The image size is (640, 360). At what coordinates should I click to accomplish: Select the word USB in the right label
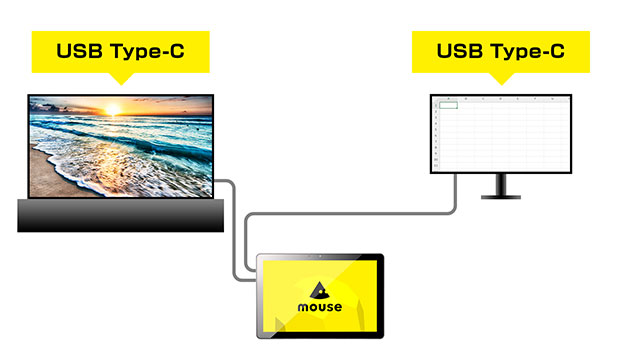460,50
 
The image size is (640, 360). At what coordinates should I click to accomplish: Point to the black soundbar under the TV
120,215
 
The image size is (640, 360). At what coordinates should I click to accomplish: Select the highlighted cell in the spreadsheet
449,105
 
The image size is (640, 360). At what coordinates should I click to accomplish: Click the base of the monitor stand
500,196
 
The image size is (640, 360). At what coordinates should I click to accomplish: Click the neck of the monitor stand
500,184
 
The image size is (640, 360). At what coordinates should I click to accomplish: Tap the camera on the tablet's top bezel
320,257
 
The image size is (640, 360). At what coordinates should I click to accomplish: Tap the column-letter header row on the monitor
500,99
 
